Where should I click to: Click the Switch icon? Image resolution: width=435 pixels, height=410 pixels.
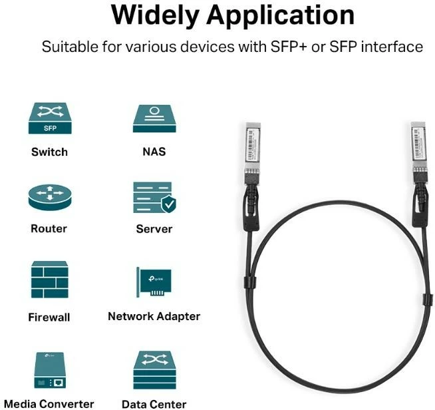click(49, 118)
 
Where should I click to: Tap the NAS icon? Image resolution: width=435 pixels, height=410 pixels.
click(154, 118)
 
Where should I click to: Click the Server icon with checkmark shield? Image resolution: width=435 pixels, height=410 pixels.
click(154, 197)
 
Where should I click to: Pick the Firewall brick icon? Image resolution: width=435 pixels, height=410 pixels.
click(49, 280)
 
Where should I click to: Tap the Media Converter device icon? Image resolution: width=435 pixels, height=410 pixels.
click(49, 370)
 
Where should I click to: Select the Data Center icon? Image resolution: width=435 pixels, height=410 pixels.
click(154, 369)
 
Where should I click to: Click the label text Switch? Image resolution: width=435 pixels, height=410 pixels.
click(49, 152)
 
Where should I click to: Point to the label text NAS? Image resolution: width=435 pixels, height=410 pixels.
click(154, 152)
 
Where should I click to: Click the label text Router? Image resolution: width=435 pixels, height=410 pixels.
click(49, 229)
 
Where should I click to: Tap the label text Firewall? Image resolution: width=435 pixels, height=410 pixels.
click(49, 317)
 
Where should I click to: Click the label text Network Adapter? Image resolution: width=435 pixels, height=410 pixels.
click(154, 317)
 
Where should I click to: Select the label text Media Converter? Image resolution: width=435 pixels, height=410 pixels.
click(49, 403)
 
